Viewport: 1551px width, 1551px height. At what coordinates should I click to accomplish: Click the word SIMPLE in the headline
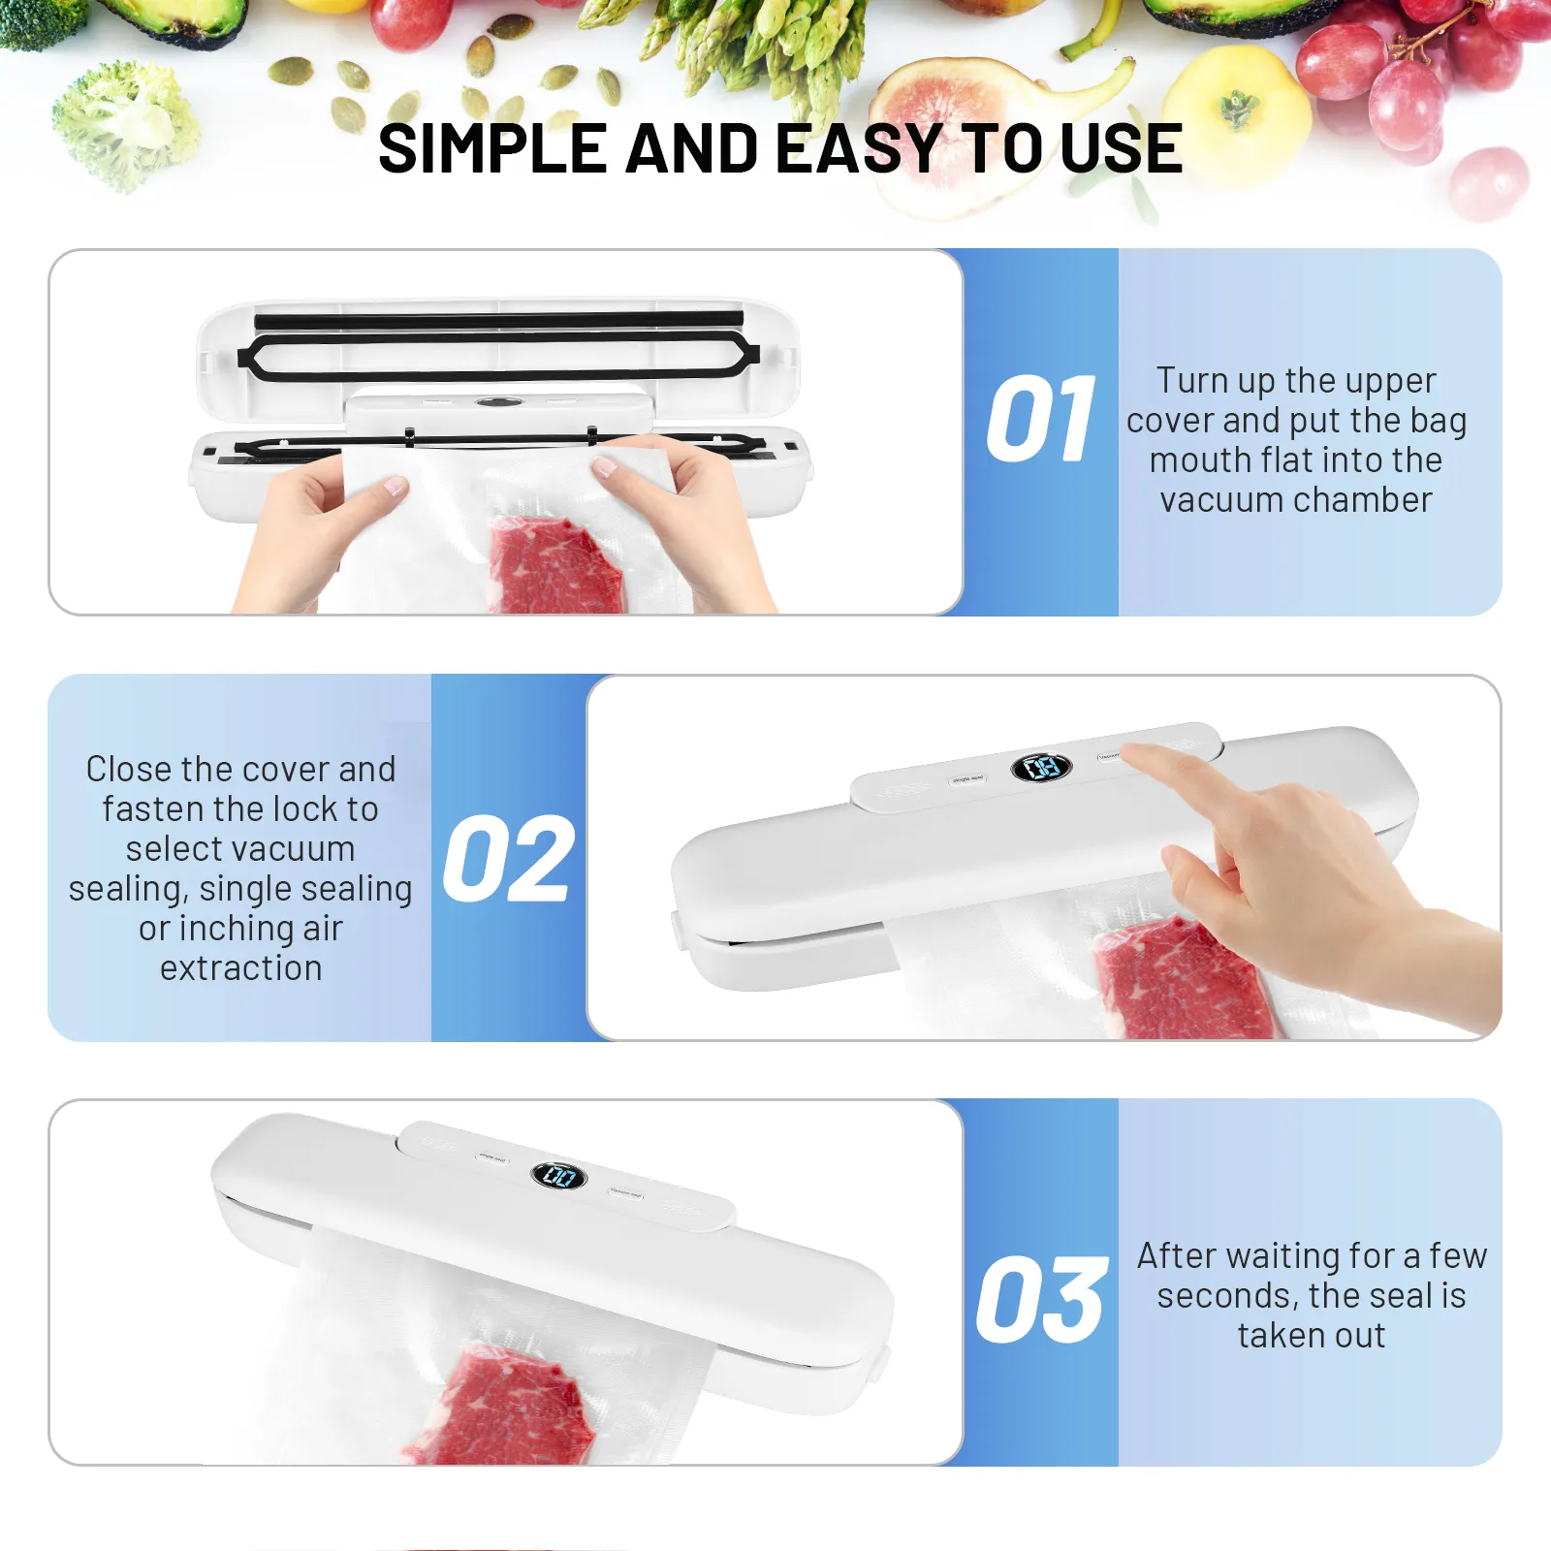coord(492,149)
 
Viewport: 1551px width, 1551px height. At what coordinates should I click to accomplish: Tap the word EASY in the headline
coord(859,149)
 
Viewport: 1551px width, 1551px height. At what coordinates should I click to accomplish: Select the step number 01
coord(1041,418)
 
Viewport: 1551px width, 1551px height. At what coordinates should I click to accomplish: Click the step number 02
coord(508,858)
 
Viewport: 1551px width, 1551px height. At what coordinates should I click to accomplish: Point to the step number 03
coord(1041,1299)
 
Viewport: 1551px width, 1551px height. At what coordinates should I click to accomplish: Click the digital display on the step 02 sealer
coord(1041,768)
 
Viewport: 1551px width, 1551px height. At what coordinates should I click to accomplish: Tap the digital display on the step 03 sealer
coord(559,1176)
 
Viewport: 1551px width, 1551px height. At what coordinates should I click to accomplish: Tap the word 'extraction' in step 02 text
coord(241,967)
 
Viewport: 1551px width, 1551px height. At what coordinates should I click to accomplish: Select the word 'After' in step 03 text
coord(1175,1255)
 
